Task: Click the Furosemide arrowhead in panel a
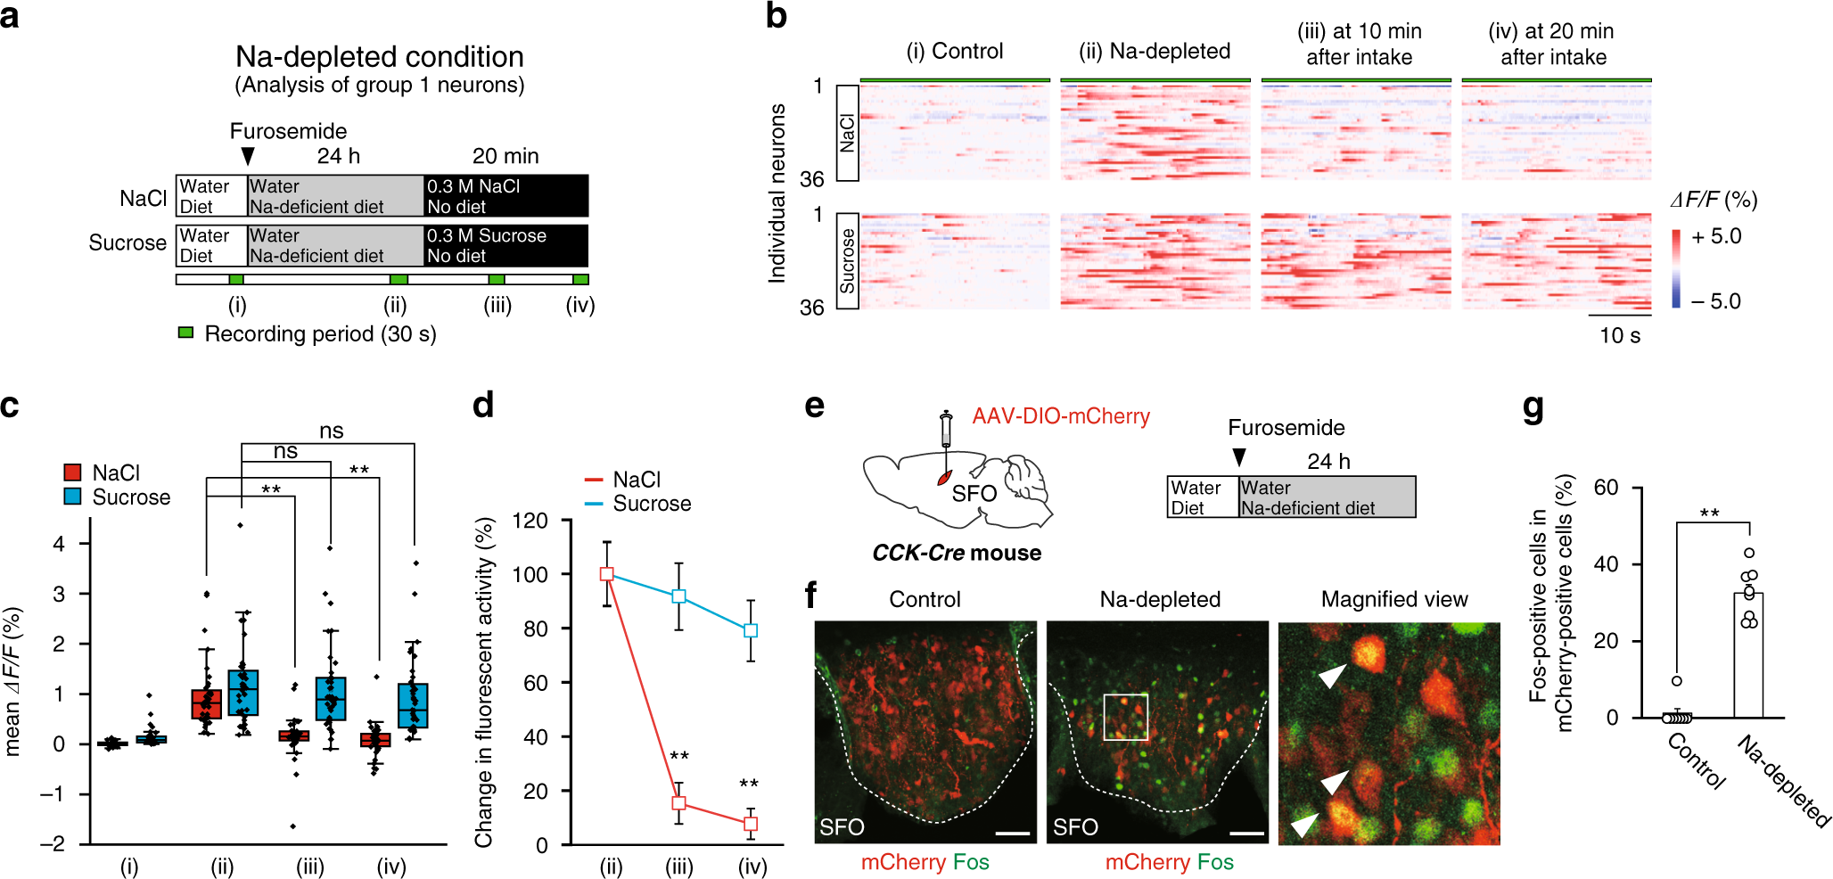tap(248, 157)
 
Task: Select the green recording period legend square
tap(185, 333)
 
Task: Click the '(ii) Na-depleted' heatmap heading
tap(1155, 51)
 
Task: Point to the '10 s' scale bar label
tap(1619, 335)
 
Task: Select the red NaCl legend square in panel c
tap(73, 472)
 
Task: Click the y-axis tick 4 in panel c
tap(59, 543)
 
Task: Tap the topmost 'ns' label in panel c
tap(331, 431)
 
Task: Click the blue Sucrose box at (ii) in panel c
tap(242, 693)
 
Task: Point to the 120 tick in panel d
tap(530, 521)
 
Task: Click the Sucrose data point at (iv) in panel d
tap(751, 630)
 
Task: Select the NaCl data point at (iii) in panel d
tap(678, 803)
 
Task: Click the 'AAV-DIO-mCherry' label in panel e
tap(1061, 416)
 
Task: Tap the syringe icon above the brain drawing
tap(946, 431)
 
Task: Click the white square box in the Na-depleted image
tap(1126, 717)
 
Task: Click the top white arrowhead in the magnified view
tap(1332, 677)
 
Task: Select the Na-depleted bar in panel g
tap(1748, 655)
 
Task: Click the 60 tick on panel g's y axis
tap(1606, 488)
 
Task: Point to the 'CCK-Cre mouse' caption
tap(956, 553)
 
